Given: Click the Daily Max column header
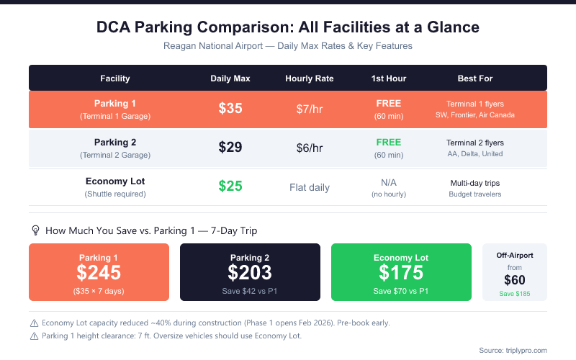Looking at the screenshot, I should click(230, 78).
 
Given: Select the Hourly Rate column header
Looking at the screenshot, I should click(310, 78).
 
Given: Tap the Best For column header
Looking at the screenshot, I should click(475, 78).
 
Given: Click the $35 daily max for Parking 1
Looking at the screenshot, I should click(230, 109).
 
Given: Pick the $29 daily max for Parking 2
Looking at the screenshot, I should click(230, 148).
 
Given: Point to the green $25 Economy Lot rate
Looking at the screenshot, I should click(230, 186).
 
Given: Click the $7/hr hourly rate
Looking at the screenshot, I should click(310, 109).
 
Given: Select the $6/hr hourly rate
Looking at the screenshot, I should click(310, 148).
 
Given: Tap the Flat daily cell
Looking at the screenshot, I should click(310, 187).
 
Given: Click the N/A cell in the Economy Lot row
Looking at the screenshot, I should click(389, 182).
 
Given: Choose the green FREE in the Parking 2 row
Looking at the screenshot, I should click(389, 142).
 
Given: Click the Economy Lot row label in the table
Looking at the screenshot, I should click(115, 181).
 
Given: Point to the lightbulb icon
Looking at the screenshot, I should click(35, 230).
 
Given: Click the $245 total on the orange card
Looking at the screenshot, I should click(99, 272).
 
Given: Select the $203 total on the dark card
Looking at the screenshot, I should click(250, 272).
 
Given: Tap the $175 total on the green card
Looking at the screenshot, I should click(401, 272).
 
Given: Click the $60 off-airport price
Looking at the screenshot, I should click(515, 280).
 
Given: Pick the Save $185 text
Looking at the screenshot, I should click(515, 294).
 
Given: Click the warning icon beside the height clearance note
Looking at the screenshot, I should click(34, 335).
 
